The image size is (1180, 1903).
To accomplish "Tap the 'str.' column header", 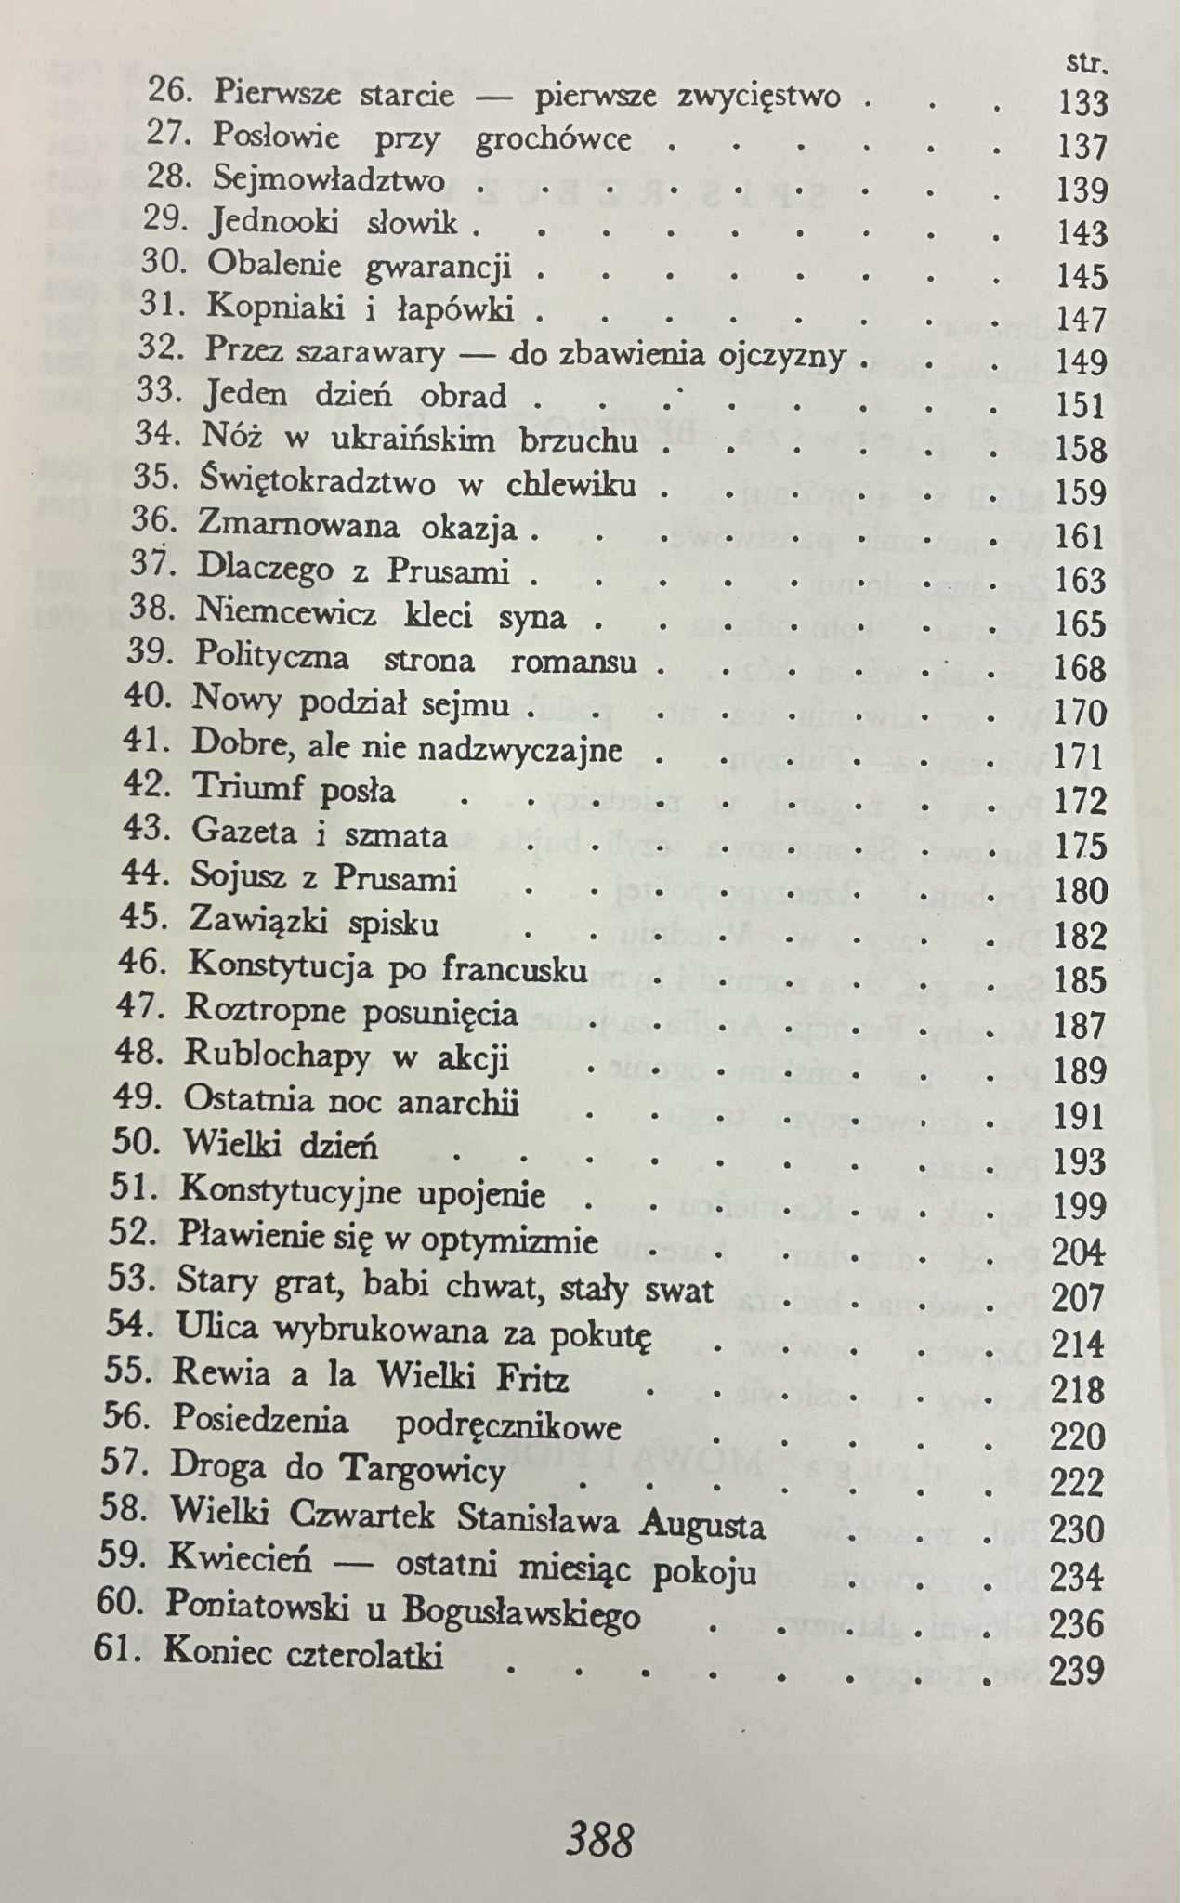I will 1088,63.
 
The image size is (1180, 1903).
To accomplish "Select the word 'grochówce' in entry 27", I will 553,139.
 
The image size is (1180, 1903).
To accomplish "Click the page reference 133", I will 1082,102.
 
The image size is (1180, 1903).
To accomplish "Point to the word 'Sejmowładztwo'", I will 328,179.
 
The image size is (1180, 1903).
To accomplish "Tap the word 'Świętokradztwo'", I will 317,482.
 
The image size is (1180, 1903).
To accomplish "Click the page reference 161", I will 1081,536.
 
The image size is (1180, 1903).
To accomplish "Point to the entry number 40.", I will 147,696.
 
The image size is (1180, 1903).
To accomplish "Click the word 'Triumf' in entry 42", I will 247,788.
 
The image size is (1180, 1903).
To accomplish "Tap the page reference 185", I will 1081,981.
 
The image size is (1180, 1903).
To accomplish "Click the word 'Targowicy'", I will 424,1470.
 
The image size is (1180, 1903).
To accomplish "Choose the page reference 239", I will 1077,1672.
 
